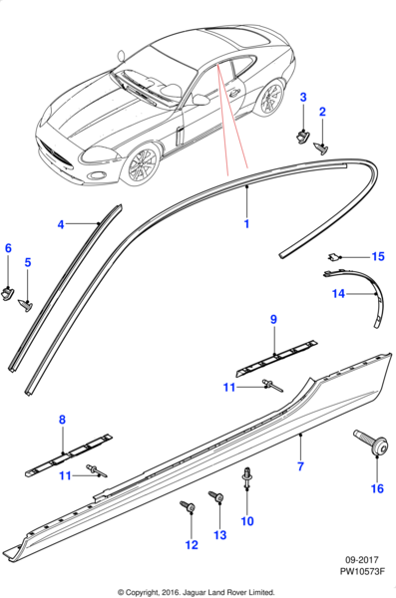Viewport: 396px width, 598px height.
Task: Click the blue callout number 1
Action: click(246, 223)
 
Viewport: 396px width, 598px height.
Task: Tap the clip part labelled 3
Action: click(303, 135)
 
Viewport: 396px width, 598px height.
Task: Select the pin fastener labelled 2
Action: click(320, 148)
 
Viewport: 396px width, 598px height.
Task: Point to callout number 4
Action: click(60, 224)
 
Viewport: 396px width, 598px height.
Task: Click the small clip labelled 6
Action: click(8, 293)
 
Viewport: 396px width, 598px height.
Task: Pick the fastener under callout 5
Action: click(25, 305)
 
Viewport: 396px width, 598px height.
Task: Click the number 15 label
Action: click(378, 257)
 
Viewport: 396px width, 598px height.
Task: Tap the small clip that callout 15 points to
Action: click(333, 257)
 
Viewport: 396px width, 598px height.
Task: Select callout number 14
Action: click(338, 294)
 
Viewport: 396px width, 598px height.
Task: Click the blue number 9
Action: click(273, 320)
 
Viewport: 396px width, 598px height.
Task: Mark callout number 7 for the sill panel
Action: click(300, 466)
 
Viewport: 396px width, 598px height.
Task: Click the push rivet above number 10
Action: click(247, 477)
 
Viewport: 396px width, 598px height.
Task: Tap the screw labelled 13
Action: click(216, 496)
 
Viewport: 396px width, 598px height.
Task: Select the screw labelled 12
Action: click(188, 506)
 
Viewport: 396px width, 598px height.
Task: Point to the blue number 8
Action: click(62, 420)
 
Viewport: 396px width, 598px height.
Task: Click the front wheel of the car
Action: click(141, 165)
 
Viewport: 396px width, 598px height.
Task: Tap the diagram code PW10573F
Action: click(362, 571)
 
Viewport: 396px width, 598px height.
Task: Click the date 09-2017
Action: click(362, 560)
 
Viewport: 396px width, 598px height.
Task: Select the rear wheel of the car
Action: click(270, 98)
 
